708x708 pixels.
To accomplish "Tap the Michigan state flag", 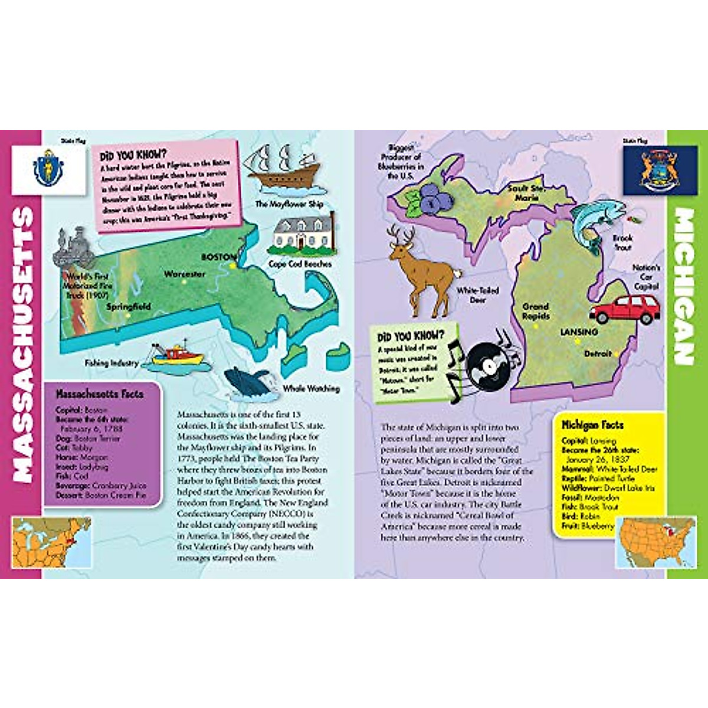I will point(643,171).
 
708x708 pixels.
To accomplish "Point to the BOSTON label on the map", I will point(218,257).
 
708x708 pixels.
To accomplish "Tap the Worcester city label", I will point(185,274).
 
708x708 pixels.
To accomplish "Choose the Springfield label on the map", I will point(129,307).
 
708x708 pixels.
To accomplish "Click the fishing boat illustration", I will point(175,356).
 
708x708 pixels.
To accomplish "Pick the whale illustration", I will point(250,383).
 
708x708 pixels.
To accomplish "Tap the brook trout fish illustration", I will point(595,222).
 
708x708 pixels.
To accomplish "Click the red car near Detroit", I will point(625,309).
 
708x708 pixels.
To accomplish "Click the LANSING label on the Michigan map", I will point(579,332).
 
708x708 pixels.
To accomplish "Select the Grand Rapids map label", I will point(536,312).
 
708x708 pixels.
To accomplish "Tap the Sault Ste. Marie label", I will point(526,193).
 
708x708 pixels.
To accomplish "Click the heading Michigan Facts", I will point(592,425).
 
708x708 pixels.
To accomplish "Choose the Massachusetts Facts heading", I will point(99,394).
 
